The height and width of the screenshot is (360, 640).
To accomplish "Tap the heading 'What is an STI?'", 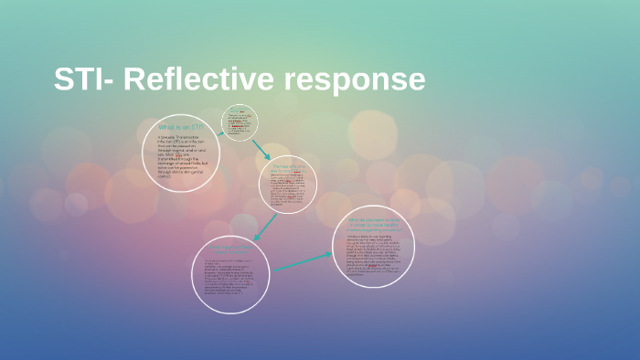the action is coord(179,127).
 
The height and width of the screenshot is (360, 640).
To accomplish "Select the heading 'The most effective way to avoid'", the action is coord(286,168).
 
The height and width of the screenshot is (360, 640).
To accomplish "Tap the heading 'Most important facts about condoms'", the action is coord(231,248).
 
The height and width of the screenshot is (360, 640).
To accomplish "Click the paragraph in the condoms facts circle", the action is coord(231,279).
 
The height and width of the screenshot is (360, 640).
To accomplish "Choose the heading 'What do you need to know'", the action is coord(373,223).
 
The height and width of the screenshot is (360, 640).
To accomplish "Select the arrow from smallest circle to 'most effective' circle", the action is coord(261,148).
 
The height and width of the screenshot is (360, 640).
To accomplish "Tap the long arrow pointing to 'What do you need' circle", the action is coord(303,262).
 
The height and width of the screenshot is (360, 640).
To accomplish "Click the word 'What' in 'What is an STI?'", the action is coord(165,127).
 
